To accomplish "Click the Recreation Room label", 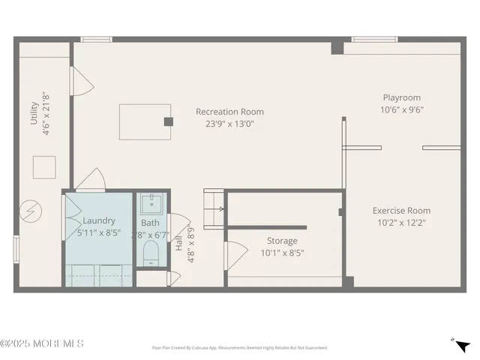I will pyautogui.click(x=229, y=112).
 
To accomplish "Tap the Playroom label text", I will pyautogui.click(x=401, y=97).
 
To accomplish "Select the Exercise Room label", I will pyautogui.click(x=401, y=211).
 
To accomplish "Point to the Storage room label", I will pyautogui.click(x=282, y=241).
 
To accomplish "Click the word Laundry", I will pyautogui.click(x=99, y=220).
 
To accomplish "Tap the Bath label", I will pyautogui.click(x=150, y=223).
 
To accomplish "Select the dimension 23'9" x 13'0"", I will pyautogui.click(x=229, y=124).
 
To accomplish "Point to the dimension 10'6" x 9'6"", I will pyautogui.click(x=401, y=109).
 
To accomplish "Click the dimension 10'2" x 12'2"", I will pyautogui.click(x=401, y=223).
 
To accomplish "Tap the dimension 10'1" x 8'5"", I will pyautogui.click(x=282, y=253).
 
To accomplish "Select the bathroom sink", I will pyautogui.click(x=152, y=203).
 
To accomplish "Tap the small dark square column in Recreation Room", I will pyautogui.click(x=169, y=121).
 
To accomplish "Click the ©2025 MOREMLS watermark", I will pyautogui.click(x=42, y=343).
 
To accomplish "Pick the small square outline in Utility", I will pyautogui.click(x=43, y=166).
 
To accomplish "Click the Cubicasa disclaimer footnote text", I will pyautogui.click(x=240, y=347).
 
